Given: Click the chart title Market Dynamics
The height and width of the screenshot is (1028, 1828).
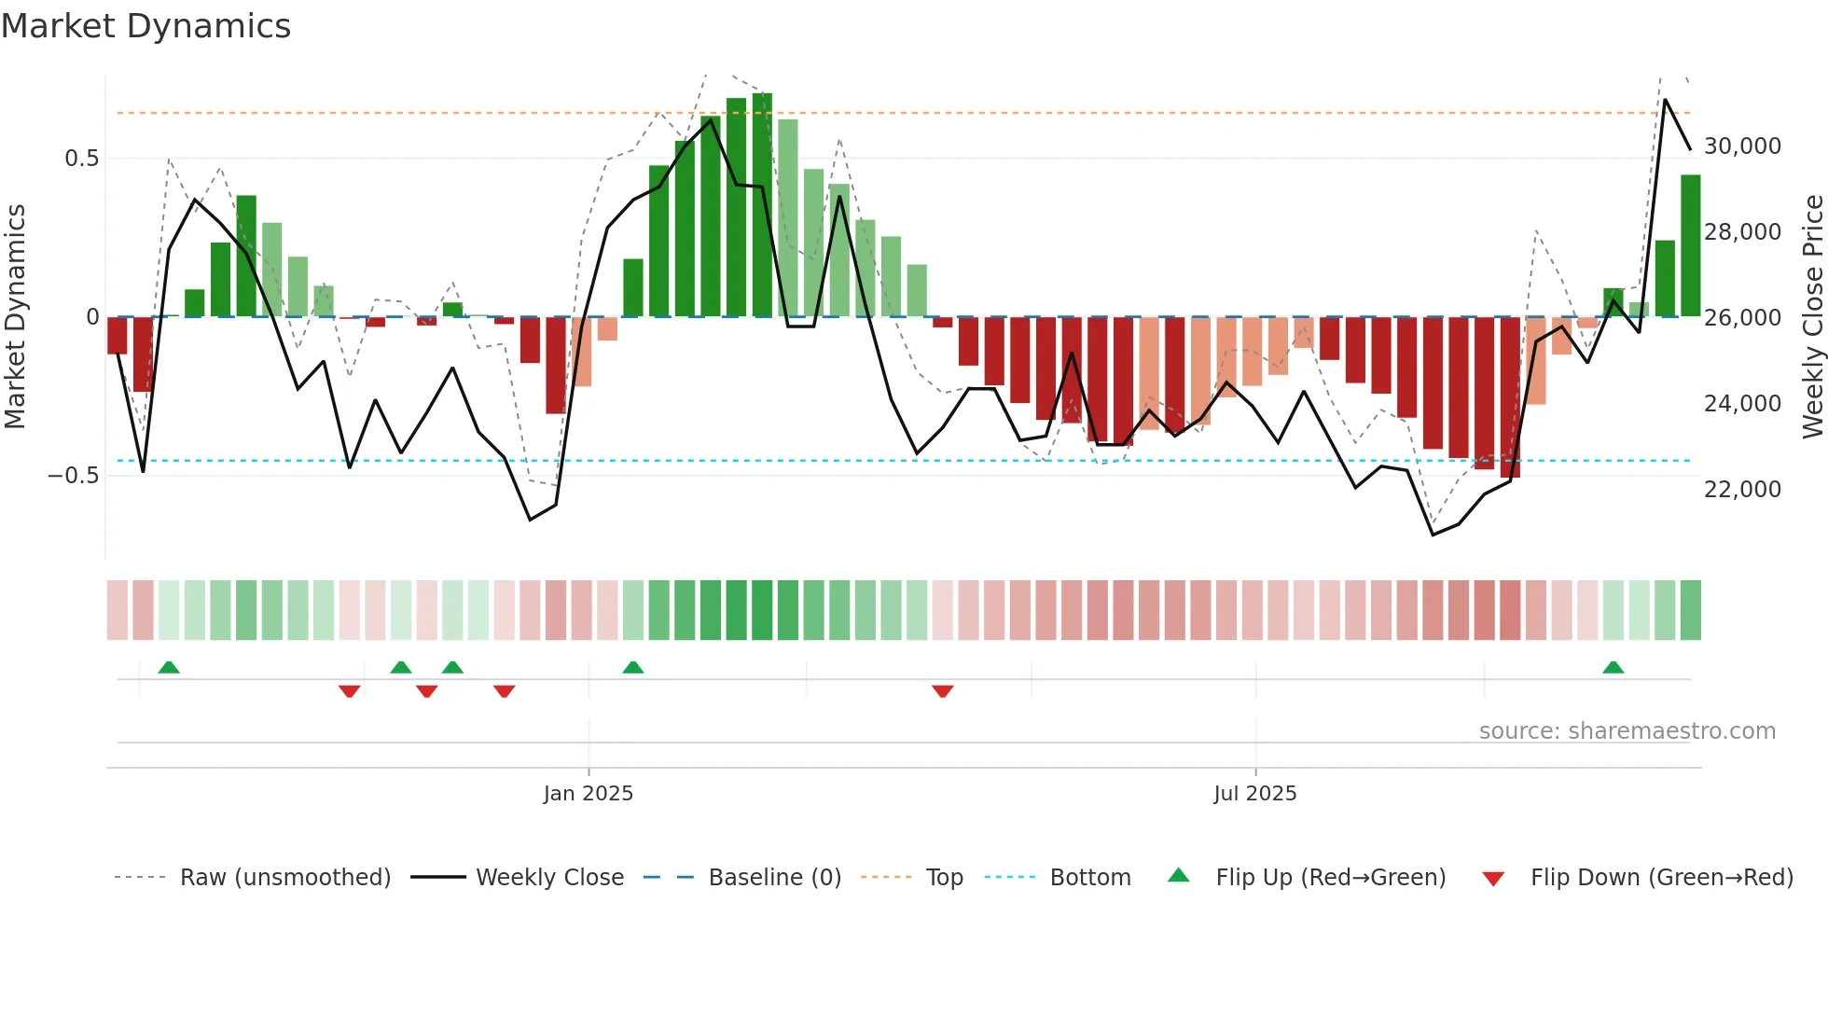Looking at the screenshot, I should [x=145, y=26].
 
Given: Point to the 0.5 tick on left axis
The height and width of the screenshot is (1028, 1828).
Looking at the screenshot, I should [x=81, y=159].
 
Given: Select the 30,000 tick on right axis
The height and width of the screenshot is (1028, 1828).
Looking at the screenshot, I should [x=1742, y=146].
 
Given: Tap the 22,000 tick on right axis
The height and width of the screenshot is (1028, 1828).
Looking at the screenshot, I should [x=1742, y=489].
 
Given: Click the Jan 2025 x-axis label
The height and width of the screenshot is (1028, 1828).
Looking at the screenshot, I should [x=588, y=794].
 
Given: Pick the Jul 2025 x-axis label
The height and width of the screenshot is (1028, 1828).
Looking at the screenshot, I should [x=1254, y=794].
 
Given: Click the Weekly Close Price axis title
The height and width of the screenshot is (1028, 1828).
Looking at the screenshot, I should [x=1812, y=316].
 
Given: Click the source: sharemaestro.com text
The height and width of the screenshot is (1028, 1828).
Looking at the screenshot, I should [x=1627, y=731].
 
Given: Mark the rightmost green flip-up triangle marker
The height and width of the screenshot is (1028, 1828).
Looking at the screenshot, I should [x=1613, y=668].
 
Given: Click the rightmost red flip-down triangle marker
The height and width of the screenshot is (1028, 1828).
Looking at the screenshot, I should [x=942, y=691].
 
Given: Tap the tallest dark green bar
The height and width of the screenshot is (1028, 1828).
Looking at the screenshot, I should [x=762, y=205].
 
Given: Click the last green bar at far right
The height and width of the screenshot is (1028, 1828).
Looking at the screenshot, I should [x=1690, y=245].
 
